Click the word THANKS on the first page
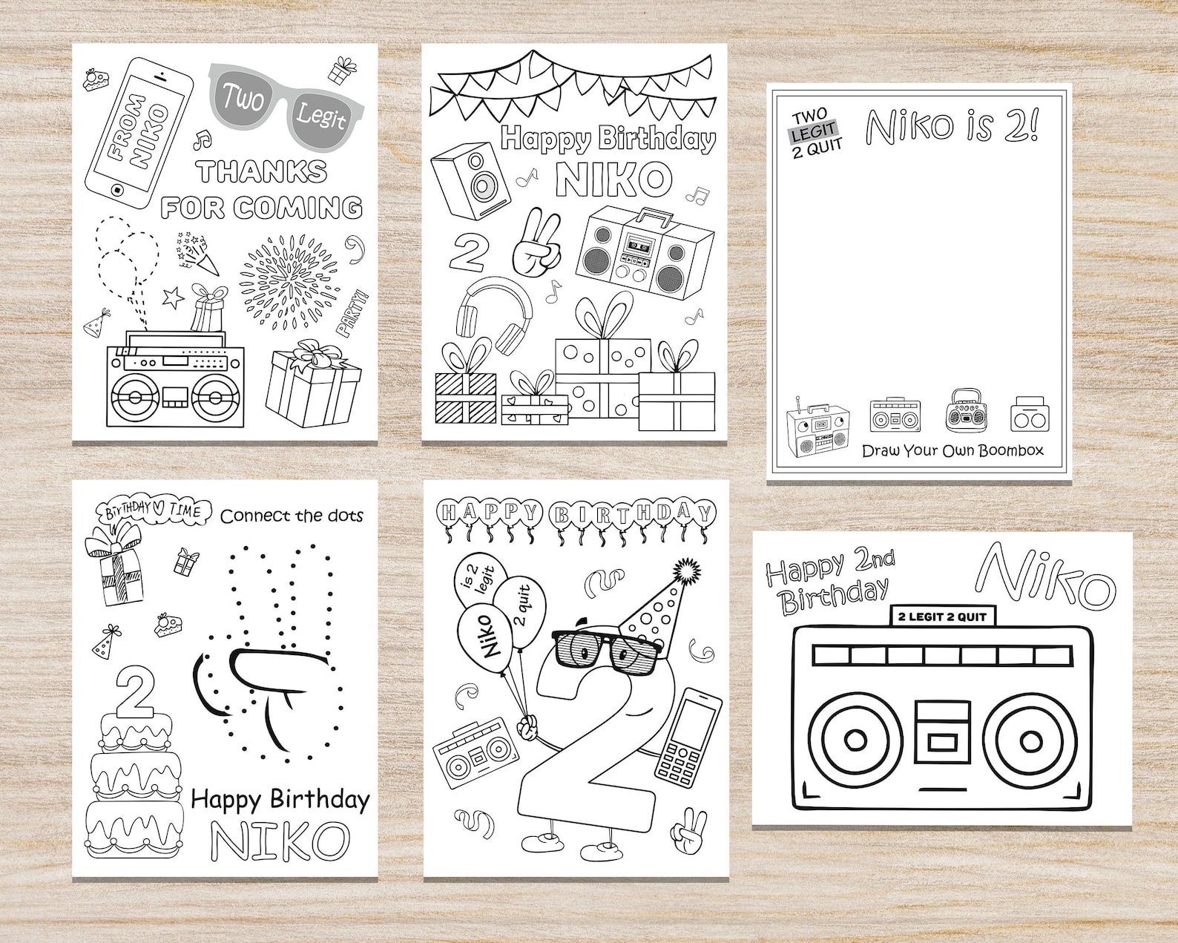[x=262, y=171]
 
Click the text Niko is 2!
[x=952, y=126]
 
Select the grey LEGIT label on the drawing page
[x=814, y=132]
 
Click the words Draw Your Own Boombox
[x=952, y=450]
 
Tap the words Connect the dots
[x=292, y=515]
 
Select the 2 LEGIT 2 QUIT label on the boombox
[x=942, y=617]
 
